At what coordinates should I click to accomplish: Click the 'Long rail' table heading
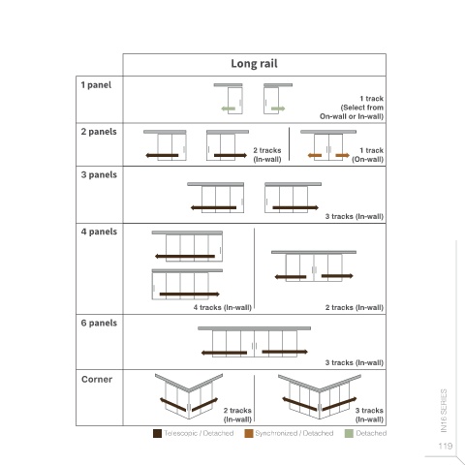254,64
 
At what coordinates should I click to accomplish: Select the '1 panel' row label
96,85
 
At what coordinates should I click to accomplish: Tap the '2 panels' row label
99,132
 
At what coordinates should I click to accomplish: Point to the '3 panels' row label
99,174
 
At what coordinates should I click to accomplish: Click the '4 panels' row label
99,232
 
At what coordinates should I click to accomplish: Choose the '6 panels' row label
99,323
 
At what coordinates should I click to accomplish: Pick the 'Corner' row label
97,379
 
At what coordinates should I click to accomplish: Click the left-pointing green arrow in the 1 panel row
229,108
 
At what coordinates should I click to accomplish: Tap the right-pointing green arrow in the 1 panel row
278,108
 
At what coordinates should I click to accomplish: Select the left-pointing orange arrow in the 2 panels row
315,155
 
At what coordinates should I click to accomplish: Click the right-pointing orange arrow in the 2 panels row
343,155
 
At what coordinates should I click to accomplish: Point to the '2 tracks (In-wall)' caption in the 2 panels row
267,155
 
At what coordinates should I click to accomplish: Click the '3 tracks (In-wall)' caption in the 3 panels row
355,216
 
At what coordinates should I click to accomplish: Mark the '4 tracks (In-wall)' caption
223,307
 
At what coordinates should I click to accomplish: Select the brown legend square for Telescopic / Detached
157,433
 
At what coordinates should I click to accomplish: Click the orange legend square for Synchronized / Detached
249,433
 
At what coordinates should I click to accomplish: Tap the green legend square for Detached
349,433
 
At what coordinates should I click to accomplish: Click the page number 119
446,446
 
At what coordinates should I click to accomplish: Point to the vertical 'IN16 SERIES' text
444,411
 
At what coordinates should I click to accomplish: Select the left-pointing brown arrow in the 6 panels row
224,353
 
